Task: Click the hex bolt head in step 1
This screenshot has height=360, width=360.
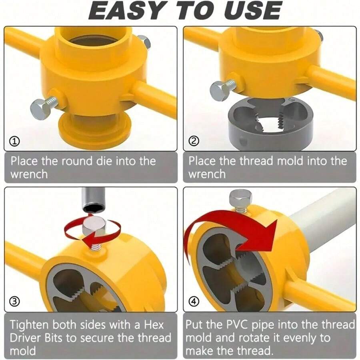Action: pos(40,108)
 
